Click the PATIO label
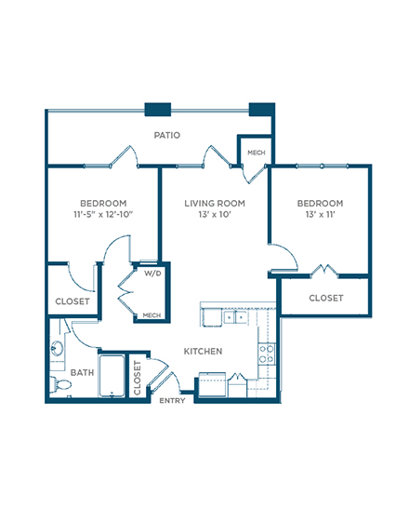166,135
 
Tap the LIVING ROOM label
215,204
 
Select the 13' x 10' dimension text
215,214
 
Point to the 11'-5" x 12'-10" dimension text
103,214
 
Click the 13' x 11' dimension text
320,214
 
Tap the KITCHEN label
203,351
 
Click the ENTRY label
172,401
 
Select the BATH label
82,372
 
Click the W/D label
152,274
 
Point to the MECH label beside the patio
257,153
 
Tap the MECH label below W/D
152,315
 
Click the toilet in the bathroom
60,384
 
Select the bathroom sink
57,348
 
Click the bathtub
112,376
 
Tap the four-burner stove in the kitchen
267,354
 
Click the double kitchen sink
235,317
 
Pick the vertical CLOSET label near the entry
138,378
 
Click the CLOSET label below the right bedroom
326,298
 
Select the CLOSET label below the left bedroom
73,301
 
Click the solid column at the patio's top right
262,109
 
